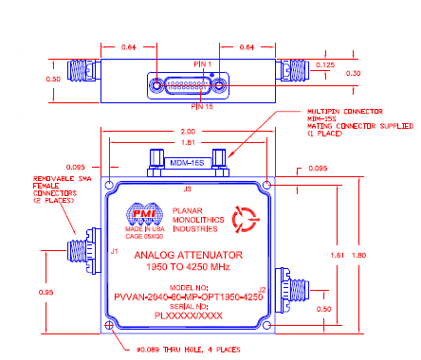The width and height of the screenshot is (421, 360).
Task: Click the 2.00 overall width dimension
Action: (x=186, y=133)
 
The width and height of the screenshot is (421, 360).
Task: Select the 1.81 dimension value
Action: (x=186, y=144)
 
